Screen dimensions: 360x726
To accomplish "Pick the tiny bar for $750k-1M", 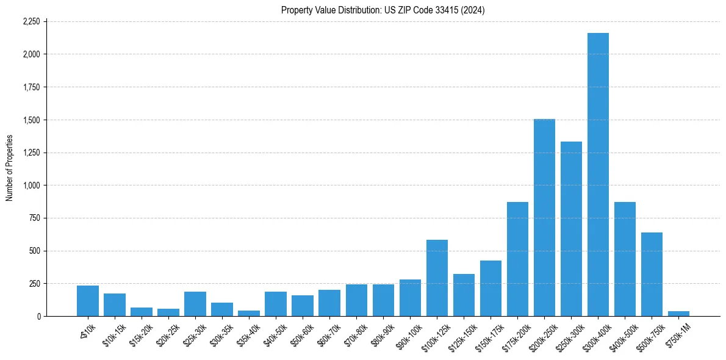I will click(678, 314).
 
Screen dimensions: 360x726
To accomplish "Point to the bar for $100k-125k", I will click(437, 278).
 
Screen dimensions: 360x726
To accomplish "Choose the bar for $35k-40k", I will click(249, 313).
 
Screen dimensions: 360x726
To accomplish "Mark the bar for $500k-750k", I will click(652, 275).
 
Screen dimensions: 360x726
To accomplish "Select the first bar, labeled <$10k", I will click(88, 301).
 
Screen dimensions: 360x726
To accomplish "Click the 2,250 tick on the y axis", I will click(31, 21).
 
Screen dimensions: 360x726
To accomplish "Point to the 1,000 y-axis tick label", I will click(31, 185).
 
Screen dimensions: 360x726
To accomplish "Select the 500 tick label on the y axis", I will click(34, 251).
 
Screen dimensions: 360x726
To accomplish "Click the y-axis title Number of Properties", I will click(9, 168).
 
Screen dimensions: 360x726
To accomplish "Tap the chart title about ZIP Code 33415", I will click(383, 10).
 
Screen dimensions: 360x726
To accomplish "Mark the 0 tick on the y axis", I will click(38, 316).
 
